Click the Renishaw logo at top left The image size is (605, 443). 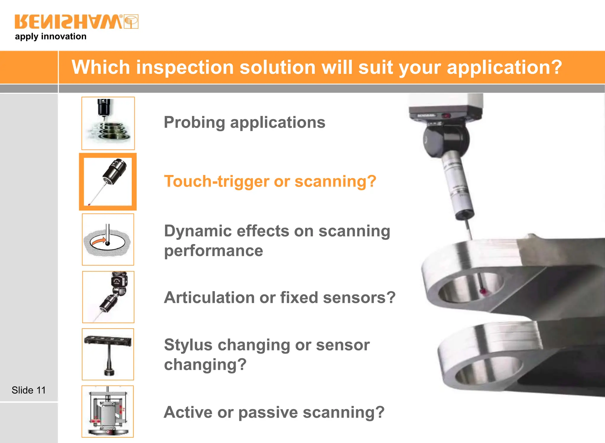[76, 22]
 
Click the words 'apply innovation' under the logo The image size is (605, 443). [51, 37]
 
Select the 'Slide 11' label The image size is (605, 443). [29, 390]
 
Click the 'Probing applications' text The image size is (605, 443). [244, 122]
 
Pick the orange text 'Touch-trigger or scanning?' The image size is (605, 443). [270, 181]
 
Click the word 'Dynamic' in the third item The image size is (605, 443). [198, 231]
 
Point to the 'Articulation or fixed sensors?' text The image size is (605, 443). [279, 297]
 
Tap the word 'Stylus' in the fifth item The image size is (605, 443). [188, 345]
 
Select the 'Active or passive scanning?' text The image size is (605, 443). [274, 412]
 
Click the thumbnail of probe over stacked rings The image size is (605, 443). [108, 123]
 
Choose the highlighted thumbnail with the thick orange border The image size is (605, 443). [108, 181]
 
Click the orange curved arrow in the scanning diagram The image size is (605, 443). [99, 241]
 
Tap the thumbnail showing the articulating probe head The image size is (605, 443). [108, 297]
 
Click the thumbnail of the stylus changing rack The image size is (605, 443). [108, 354]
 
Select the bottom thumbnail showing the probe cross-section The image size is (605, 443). [108, 411]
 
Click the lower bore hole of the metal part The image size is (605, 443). [487, 371]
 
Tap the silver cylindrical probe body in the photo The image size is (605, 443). [458, 183]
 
